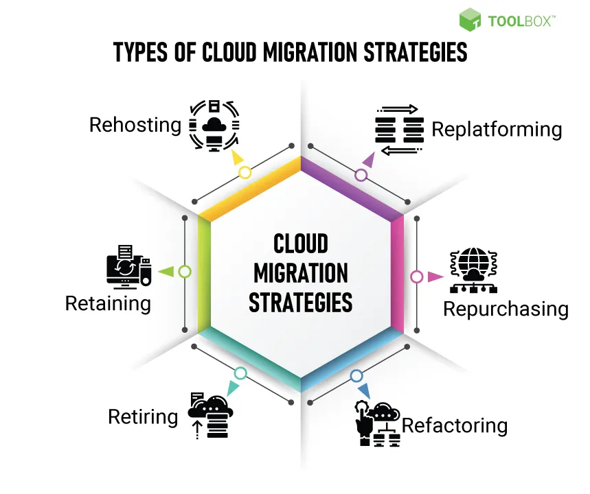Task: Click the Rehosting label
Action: click(x=135, y=125)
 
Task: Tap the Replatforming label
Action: click(x=497, y=129)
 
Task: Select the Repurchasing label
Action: click(x=506, y=309)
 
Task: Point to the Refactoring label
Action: click(x=455, y=425)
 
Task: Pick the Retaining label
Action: click(x=108, y=303)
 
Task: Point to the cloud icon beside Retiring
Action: click(x=212, y=414)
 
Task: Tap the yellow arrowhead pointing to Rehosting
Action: click(x=238, y=158)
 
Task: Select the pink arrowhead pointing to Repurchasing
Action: click(x=435, y=277)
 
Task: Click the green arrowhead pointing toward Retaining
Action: click(x=166, y=272)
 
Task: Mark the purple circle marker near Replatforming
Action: click(x=361, y=175)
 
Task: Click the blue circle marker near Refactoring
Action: click(x=356, y=375)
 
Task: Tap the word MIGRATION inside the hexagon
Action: click(x=300, y=273)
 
